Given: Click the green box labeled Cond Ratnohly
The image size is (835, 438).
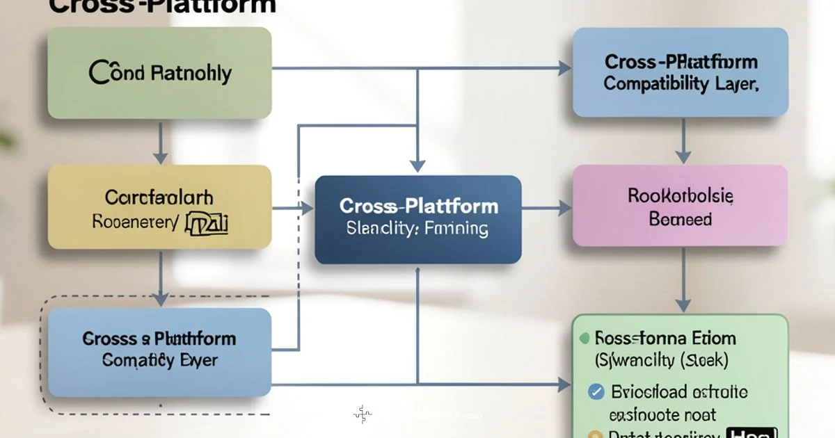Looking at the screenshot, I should [159, 72].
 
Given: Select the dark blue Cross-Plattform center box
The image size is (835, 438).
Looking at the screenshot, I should [418, 219].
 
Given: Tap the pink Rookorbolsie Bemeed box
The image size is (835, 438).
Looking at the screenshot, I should [680, 206].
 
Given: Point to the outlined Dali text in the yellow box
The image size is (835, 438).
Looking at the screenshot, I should [207, 224].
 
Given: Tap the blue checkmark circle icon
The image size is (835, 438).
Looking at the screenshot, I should [596, 391].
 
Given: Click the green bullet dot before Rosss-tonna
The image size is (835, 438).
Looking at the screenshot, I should [584, 339].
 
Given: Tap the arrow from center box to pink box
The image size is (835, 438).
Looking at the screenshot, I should [547, 206].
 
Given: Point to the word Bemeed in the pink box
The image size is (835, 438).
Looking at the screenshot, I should [680, 220].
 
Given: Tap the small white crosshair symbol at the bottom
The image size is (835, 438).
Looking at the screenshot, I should [362, 415].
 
